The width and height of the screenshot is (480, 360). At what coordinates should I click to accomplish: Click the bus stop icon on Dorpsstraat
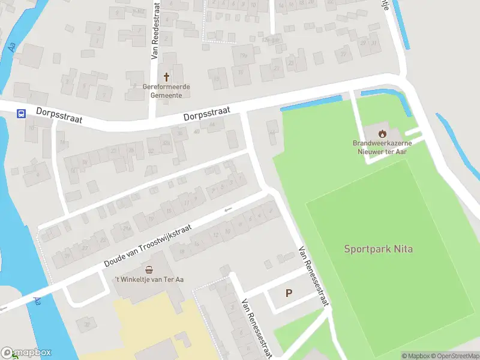coord(21,113)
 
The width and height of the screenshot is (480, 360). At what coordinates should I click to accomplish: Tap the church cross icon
coord(166,77)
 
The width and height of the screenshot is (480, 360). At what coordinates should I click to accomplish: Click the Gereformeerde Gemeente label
coord(166,91)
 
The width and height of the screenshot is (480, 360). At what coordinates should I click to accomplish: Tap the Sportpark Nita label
coord(378,248)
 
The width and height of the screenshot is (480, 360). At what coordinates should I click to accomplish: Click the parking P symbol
coord(289,293)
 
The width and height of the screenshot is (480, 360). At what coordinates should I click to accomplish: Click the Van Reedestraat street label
coord(154,29)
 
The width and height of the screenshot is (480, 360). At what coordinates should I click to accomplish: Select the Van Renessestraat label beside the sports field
coord(313,276)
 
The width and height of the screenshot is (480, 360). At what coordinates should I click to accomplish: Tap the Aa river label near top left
coord(13,46)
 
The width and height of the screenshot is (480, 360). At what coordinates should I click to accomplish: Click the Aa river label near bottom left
coord(37,301)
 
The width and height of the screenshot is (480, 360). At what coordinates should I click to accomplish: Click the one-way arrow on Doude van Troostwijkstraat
coord(227,209)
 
